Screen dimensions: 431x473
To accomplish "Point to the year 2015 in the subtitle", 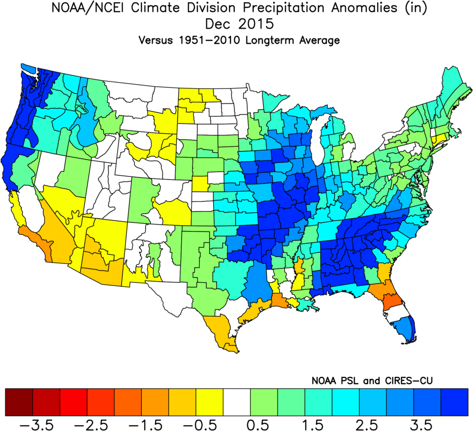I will pyautogui.click(x=251, y=24).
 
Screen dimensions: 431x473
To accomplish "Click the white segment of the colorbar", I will pyautogui.click(x=237, y=402).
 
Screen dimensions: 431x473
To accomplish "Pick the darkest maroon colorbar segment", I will pyautogui.click(x=19, y=402).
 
